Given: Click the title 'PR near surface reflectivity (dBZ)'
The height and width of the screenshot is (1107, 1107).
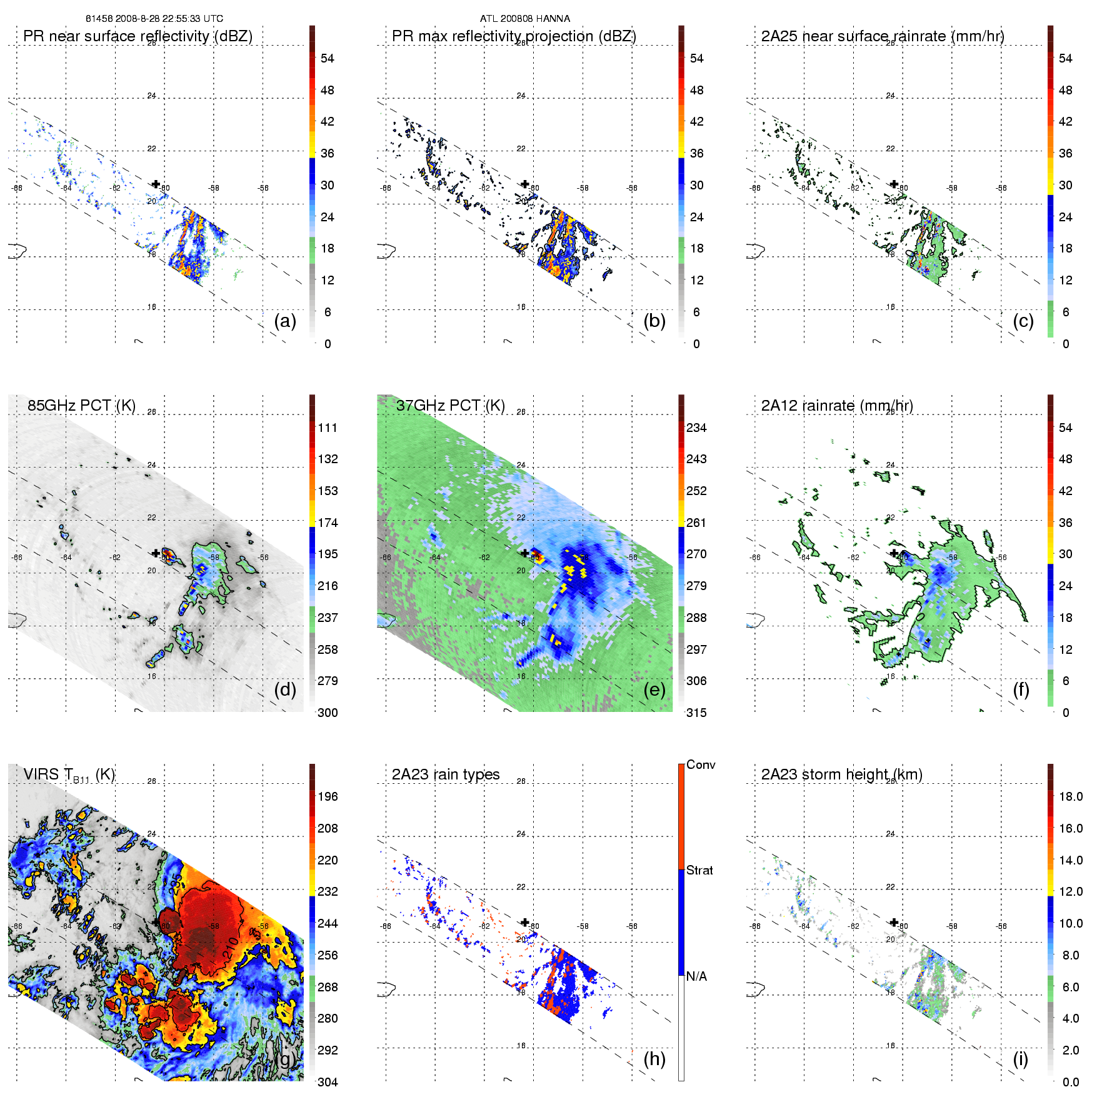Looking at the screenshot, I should click(x=138, y=36).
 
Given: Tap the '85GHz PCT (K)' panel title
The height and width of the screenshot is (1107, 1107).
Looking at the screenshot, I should click(x=81, y=405).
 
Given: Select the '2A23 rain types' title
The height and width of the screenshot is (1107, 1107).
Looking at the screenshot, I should click(x=446, y=774).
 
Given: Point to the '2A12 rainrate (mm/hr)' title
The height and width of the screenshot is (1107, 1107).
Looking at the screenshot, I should click(x=837, y=406).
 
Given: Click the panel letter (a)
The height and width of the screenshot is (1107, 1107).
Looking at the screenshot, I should click(x=285, y=321).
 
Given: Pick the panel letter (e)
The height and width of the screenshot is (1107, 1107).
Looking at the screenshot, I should click(x=654, y=689).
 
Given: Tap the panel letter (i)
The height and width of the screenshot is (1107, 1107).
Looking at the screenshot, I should click(x=1020, y=1059).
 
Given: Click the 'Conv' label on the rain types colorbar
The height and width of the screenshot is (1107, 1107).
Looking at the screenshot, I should click(x=701, y=764).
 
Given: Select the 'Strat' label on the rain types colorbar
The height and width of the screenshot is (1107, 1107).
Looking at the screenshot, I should click(x=699, y=870).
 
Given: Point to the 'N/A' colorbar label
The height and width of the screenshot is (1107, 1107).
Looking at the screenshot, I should click(x=696, y=976).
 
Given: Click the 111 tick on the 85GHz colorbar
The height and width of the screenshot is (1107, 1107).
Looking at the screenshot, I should click(x=328, y=428).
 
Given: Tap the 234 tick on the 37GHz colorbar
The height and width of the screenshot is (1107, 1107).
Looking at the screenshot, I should click(x=696, y=428).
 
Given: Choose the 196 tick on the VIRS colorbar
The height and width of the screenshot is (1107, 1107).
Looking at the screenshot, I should click(x=328, y=796).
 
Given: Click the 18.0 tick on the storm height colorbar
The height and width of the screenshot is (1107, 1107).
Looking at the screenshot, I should click(x=1070, y=796).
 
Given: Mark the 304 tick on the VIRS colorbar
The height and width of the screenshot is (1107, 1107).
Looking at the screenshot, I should click(x=328, y=1082).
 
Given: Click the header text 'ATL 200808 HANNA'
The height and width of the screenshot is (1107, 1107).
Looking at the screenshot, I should click(x=525, y=19).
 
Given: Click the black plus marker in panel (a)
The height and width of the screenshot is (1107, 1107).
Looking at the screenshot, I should click(x=156, y=184).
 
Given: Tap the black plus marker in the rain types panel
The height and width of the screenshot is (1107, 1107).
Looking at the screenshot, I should click(x=525, y=922).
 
